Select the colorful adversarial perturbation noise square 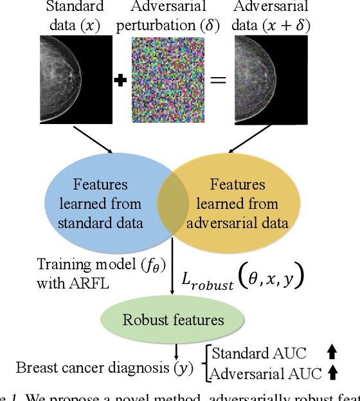(x=168, y=80)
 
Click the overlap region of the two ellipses (x=172, y=204)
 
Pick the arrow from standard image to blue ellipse (x=93, y=139)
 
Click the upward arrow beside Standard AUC (x=332, y=352)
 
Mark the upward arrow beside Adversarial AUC (x=332, y=371)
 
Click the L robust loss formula (x=244, y=278)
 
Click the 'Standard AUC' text (x=258, y=353)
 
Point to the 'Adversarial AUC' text (x=265, y=373)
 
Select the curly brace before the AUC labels (x=206, y=362)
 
